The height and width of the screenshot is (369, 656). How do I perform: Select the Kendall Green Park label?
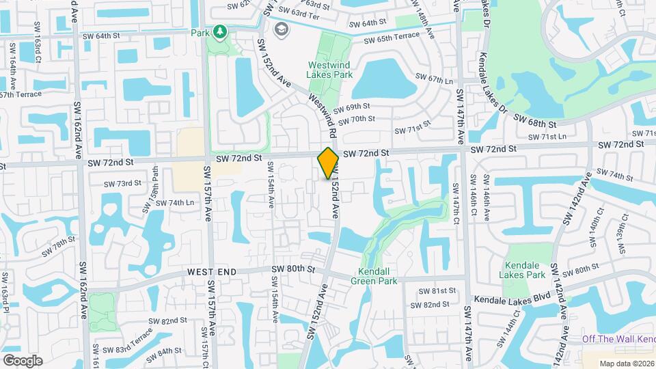pos(374,275)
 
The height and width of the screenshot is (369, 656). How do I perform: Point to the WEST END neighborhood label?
pos(212,272)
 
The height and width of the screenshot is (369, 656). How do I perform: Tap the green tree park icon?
pos(219,31)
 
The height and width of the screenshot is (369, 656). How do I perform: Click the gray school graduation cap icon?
pos(281,29)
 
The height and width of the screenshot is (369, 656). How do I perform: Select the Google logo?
pos(23,360)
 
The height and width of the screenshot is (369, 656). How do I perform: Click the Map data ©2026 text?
pos(626,363)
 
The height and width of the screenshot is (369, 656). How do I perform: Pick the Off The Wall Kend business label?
pos(618,340)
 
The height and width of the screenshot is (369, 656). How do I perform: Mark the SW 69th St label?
pos(353,107)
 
